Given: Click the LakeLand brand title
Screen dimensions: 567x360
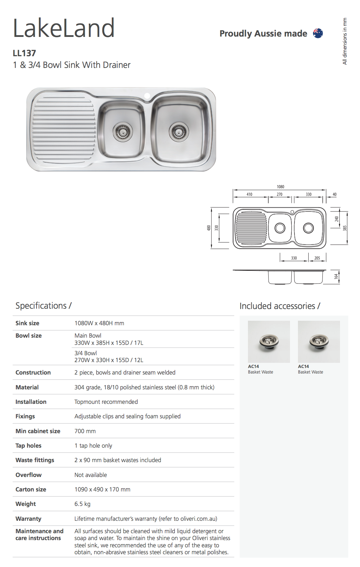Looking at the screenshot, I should pos(64,28).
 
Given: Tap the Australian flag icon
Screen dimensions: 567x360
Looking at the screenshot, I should pos(318,33).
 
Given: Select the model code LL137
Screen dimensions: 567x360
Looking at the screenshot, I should pos(24,53).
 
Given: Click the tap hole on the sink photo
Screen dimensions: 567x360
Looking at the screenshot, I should pos(147,96).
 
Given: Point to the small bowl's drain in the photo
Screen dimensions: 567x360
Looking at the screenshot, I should pos(122,131).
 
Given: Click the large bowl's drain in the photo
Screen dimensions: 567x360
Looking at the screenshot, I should pos(179,131).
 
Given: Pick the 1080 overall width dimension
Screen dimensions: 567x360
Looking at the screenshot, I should pos(280,187).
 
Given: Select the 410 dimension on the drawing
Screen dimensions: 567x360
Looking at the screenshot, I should pos(249,195).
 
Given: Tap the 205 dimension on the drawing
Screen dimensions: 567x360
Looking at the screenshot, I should pos(317,258).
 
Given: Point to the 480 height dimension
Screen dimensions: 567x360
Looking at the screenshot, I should pos(209,228).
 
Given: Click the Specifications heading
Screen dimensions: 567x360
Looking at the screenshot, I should pos(43,306).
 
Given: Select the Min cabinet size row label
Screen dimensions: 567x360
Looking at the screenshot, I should pos(38,431).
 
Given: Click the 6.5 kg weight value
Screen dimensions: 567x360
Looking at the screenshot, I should pos(82,504).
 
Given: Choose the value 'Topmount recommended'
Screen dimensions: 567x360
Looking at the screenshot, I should pos(106,402).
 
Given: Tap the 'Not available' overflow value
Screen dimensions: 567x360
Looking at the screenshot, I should pos(91,475).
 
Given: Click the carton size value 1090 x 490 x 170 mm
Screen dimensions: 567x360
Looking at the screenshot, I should pos(102,489).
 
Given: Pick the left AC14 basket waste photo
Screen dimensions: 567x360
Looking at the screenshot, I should pos(269,341).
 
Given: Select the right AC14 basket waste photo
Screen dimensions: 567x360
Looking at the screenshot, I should pos(319,341).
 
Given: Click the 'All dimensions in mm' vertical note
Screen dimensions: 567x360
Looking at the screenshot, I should pos(344,41).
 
